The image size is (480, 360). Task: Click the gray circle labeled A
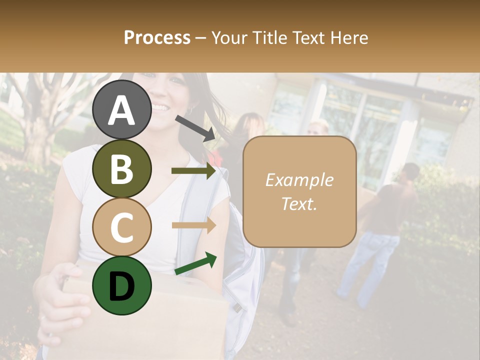coord(121,109)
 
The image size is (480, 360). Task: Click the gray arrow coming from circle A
coord(195,128)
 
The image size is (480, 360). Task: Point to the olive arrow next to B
coord(194,171)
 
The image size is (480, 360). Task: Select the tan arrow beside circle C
coord(194,225)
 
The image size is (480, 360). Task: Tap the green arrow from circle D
coord(195,263)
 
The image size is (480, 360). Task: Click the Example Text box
coord(299,191)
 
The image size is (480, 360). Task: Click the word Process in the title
coord(157,37)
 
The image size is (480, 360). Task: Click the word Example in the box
coord(299,180)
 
